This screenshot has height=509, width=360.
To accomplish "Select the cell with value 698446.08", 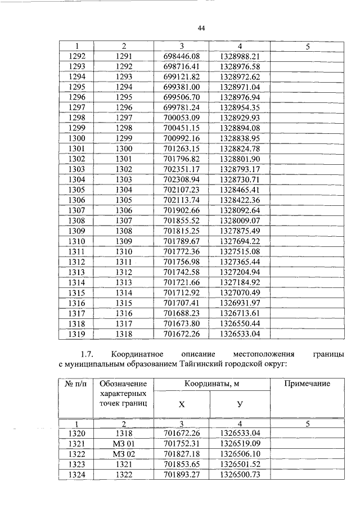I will tap(182, 57).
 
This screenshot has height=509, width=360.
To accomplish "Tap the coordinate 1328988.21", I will tap(240, 57).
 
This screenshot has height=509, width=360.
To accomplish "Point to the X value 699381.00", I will tap(182, 87).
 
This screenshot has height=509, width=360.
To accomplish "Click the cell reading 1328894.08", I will tap(240, 128).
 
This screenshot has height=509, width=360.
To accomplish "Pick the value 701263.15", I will tap(182, 148).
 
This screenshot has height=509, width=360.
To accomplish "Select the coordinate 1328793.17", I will tap(240, 169).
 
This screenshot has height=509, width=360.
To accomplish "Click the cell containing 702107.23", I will tap(182, 189).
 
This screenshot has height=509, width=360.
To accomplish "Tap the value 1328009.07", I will tap(240, 220).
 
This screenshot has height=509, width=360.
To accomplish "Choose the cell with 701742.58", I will tap(182, 272).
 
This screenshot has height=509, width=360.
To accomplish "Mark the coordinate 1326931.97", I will tap(240, 303).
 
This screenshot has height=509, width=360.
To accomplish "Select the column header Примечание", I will tap(307, 384).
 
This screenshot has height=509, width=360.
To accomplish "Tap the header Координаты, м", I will tap(211, 384).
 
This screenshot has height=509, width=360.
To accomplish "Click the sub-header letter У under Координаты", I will tap(240, 405).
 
